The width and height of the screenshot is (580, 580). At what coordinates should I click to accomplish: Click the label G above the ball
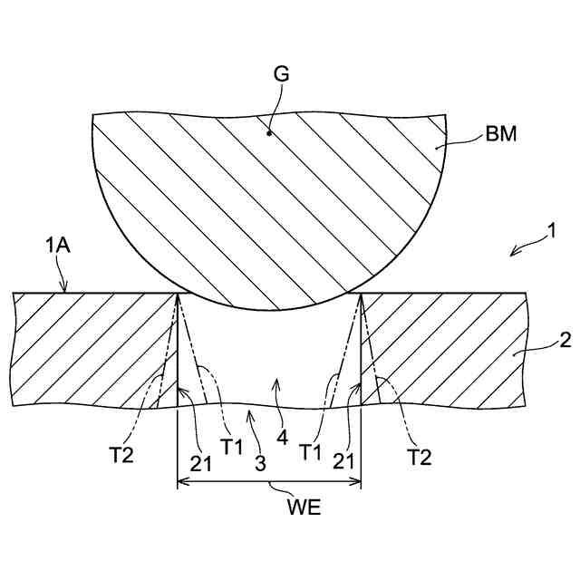[281, 75]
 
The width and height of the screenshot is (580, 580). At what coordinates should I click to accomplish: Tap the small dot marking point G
[269, 133]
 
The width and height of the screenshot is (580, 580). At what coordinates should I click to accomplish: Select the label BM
[502, 137]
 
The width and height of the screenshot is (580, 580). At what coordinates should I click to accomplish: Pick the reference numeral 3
[260, 465]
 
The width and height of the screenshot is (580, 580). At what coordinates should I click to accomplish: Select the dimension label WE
[268, 507]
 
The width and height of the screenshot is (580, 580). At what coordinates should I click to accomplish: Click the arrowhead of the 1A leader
[63, 290]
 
